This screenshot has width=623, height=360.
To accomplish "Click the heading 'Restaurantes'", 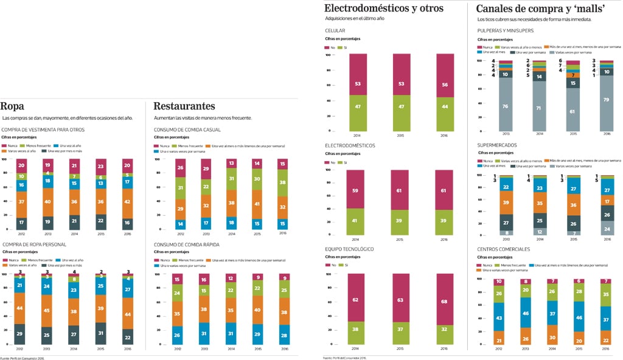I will tap(184, 106).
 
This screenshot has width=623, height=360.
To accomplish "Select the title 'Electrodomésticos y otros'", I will tap(384, 9).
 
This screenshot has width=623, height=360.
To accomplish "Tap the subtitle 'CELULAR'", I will tap(335, 30).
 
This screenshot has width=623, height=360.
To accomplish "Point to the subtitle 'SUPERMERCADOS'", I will tap(497, 145).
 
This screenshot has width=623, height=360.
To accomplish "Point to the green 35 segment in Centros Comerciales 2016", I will tap(607, 294).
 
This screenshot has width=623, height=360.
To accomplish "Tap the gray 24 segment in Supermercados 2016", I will tap(607, 228).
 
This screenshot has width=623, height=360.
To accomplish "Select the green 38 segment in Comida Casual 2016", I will tap(282, 182).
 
